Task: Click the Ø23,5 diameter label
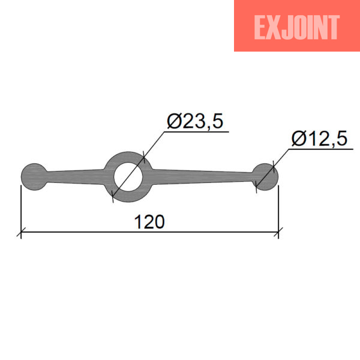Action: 195,121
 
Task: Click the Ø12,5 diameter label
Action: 319,139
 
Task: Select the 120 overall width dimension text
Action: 149,222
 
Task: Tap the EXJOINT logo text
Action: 296,28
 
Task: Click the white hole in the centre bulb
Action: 128,177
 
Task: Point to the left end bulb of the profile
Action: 34,177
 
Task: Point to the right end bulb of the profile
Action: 265,177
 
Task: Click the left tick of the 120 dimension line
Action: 21,232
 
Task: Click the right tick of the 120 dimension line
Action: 278,232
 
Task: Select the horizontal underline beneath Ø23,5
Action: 197,132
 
